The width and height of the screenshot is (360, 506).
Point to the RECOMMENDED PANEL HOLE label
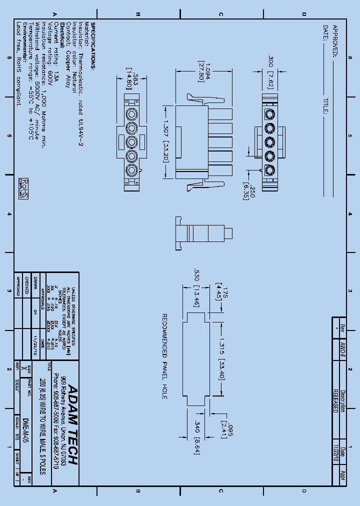163,356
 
